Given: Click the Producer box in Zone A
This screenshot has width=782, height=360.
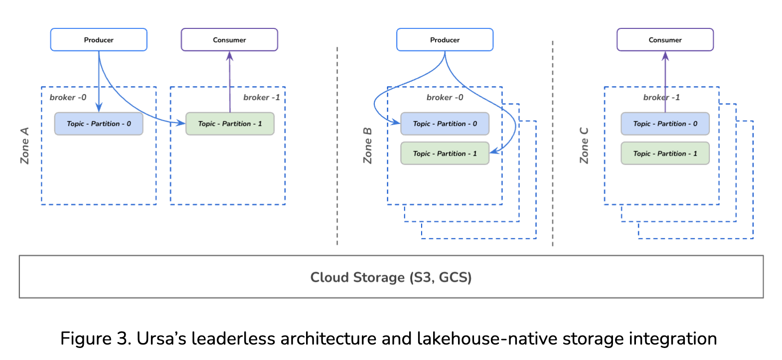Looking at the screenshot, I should (99, 40).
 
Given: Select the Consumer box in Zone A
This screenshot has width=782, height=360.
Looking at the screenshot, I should (229, 40).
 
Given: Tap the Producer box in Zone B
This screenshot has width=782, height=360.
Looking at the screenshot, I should (445, 40).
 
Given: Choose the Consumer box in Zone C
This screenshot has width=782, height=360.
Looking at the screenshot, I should (665, 40).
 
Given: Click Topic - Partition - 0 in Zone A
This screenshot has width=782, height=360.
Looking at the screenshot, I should (99, 124).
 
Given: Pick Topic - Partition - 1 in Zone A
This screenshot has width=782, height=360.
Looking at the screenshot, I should (230, 124).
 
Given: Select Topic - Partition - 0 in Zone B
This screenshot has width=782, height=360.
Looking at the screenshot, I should (445, 124).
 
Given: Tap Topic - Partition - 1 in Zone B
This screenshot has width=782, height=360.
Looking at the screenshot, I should (445, 154).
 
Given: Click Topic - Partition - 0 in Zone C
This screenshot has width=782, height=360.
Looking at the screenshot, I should (665, 124).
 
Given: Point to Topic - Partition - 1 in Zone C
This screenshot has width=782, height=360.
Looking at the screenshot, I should (665, 154).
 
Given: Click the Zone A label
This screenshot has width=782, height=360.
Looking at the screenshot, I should (25, 146).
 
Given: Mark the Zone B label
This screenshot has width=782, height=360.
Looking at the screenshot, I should (368, 146).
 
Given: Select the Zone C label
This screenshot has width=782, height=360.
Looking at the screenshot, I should (584, 146).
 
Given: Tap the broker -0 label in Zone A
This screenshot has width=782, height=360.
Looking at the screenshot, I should (68, 98).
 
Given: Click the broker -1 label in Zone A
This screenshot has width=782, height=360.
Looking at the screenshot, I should (261, 98).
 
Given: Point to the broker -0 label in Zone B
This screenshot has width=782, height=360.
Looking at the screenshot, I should (445, 98).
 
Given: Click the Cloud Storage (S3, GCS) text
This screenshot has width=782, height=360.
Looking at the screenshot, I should (391, 277).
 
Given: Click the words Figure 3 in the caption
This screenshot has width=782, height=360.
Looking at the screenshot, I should (95, 339).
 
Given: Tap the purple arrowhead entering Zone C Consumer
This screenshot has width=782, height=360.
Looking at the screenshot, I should (665, 56).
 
